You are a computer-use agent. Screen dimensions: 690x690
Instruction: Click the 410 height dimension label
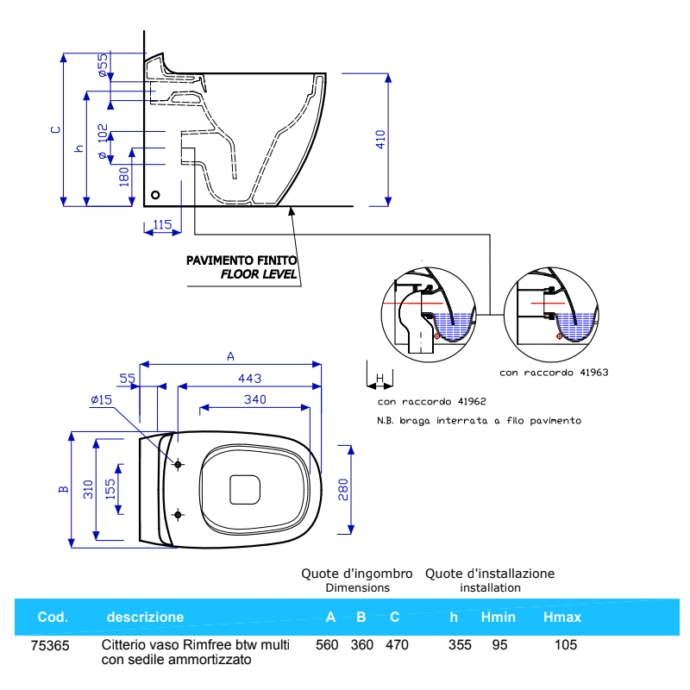click(x=380, y=140)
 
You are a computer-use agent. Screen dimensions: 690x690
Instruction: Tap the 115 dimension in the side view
click(x=162, y=224)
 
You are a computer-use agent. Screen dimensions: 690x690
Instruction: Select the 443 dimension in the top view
click(x=248, y=378)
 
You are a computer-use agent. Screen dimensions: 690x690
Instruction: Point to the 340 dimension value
click(x=254, y=399)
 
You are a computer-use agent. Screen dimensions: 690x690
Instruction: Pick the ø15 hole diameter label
click(x=102, y=399)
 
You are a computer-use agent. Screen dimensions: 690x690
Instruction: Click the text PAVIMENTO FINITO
click(x=241, y=260)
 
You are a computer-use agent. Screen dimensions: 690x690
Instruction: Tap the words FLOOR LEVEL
click(x=258, y=274)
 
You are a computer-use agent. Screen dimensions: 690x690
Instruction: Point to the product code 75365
click(x=50, y=645)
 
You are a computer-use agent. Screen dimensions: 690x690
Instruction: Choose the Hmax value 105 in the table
click(x=566, y=645)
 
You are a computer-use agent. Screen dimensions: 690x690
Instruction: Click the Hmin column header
click(x=498, y=618)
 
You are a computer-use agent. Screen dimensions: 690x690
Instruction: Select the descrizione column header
click(x=145, y=618)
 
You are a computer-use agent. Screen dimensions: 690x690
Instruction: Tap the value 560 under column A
click(x=327, y=645)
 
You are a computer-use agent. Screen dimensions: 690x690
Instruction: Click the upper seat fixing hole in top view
click(x=179, y=465)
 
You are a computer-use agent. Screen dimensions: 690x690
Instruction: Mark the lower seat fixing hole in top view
click(x=179, y=515)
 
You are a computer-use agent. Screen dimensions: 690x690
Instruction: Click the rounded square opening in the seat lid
click(x=245, y=489)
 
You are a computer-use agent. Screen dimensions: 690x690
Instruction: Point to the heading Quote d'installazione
click(x=490, y=574)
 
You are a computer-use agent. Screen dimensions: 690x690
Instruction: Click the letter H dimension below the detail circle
click(x=379, y=379)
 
